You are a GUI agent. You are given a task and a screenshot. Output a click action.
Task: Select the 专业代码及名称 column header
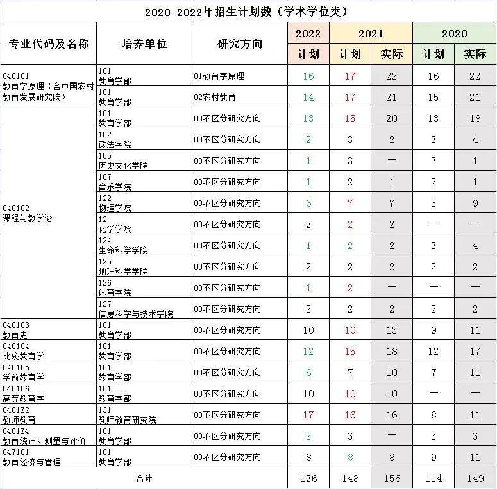point(49,44)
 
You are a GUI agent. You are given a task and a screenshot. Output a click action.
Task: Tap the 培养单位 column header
point(144,44)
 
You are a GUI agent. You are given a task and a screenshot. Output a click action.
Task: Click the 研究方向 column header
point(240,44)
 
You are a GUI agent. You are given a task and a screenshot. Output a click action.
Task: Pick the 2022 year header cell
point(308,33)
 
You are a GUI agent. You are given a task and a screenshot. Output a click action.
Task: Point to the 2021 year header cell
point(371,33)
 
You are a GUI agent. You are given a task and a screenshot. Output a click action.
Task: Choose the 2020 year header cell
point(454,33)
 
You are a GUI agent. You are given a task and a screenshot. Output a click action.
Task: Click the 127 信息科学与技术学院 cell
point(135,309)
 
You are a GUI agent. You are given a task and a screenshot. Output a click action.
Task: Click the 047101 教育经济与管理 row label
point(32,457)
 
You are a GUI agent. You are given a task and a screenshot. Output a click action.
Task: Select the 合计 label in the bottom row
point(144,478)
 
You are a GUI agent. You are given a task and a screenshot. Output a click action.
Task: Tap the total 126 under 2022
point(308,478)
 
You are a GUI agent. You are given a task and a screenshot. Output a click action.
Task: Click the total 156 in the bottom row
point(392,478)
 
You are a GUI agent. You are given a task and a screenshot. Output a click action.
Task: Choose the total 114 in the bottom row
point(434,478)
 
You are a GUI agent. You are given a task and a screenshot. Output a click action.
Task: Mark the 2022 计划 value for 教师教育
point(308,415)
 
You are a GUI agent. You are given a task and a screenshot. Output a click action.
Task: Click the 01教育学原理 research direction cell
point(219,76)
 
